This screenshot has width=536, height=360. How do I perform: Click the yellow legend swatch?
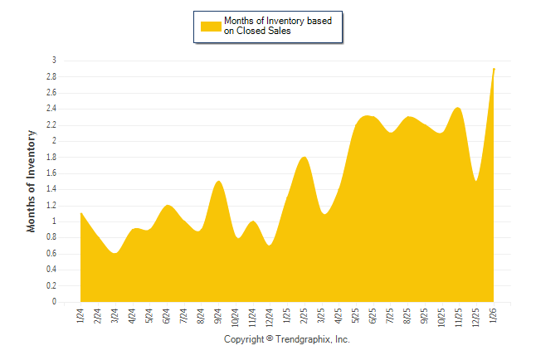pyautogui.click(x=211, y=26)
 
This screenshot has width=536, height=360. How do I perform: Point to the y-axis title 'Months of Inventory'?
pyautogui.click(x=32, y=180)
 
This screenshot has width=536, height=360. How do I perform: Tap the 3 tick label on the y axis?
pyautogui.click(x=54, y=61)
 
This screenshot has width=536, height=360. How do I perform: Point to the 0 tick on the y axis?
pyautogui.click(x=54, y=302)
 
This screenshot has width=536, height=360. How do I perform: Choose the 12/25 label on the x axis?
pyautogui.click(x=476, y=317)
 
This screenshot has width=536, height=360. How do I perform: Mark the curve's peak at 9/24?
pyautogui.click(x=218, y=181)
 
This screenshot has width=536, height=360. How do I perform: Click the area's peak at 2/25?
pyautogui.click(x=305, y=157)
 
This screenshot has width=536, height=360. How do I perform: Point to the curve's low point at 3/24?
pyautogui.click(x=115, y=253)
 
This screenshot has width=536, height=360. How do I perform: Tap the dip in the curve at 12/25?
pyautogui.click(x=476, y=181)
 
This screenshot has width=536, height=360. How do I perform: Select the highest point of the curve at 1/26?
pyautogui.click(x=495, y=68)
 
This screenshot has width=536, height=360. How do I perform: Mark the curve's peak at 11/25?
pyautogui.click(x=458, y=108)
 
